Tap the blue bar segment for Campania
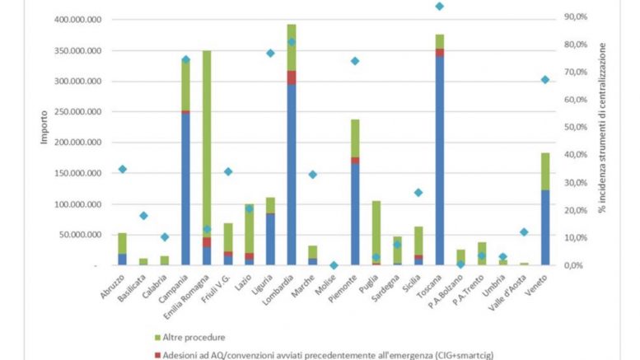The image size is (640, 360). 185,189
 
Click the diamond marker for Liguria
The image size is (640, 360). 270,53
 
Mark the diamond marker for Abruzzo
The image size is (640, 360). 122,169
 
